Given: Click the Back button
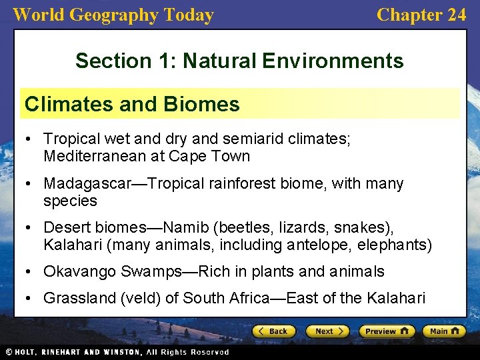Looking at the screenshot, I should coord(273,331).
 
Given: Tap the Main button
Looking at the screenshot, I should coord(444,331).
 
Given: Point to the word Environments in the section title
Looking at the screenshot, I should coord(333,61).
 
